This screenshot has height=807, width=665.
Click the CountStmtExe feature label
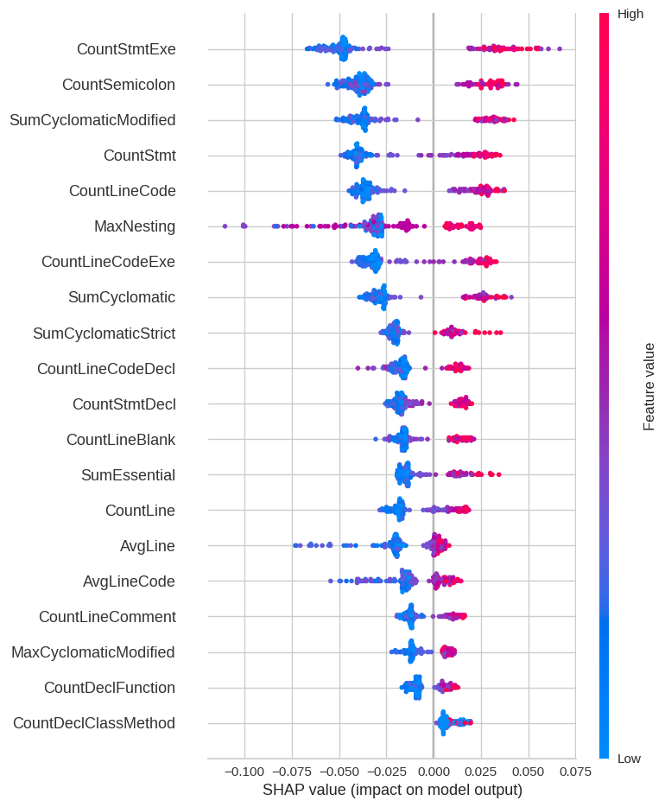tap(126, 49)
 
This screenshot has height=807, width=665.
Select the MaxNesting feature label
tap(135, 226)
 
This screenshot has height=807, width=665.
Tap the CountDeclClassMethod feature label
tap(94, 723)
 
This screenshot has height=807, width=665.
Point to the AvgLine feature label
tap(148, 546)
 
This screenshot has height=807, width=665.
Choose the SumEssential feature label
tap(129, 475)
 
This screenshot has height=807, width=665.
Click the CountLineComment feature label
tap(107, 617)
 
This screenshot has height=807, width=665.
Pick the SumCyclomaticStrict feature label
tap(104, 333)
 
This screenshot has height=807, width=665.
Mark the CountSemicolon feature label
tap(119, 85)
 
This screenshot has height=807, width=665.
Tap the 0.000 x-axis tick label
tap(433, 771)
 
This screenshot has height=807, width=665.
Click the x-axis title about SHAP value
tap(392, 790)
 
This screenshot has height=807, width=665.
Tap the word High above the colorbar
tap(630, 14)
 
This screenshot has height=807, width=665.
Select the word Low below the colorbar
tap(629, 759)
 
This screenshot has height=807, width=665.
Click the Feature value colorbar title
tap(649, 386)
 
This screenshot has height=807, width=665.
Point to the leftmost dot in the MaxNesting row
tap(225, 226)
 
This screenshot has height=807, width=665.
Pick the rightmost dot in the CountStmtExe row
tap(560, 49)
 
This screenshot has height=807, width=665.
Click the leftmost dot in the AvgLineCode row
tap(331, 581)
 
